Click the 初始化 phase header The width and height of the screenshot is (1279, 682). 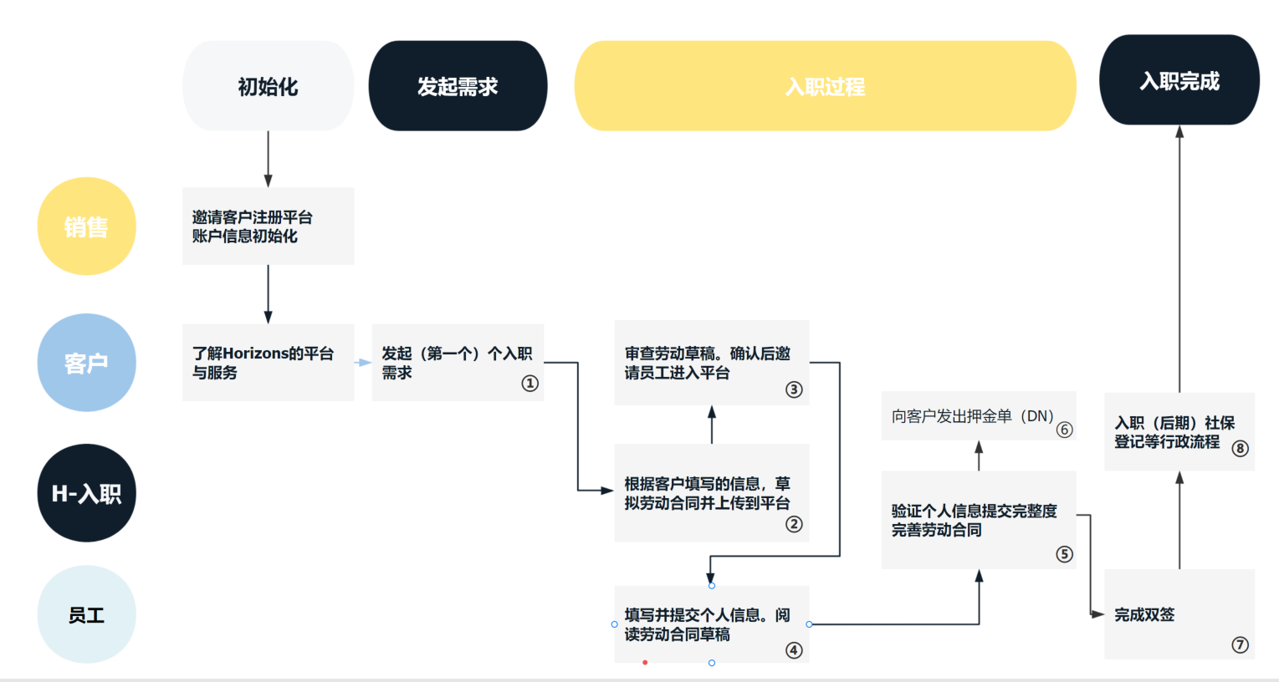(x=268, y=86)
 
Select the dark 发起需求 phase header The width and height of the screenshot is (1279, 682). (x=458, y=86)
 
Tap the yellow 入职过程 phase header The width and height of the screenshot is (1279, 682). (x=825, y=86)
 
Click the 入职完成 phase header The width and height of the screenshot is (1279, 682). (x=1179, y=80)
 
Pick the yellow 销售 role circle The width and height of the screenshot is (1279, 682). (x=86, y=226)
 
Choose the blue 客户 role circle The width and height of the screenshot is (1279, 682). (x=86, y=363)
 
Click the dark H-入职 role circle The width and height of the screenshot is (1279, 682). (x=86, y=493)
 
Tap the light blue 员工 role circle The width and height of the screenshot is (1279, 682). (x=86, y=615)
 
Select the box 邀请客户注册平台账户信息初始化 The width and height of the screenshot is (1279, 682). (x=268, y=226)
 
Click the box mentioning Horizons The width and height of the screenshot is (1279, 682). (x=268, y=363)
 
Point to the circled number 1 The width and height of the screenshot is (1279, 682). (x=530, y=384)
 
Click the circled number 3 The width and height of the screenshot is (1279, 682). (x=794, y=389)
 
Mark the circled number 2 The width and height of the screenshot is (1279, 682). (x=794, y=524)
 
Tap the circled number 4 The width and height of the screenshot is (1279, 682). (x=794, y=650)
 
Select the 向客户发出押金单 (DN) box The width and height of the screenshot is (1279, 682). (x=973, y=416)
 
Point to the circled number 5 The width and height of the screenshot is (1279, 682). (x=1064, y=554)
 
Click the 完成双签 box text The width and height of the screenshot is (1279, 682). (x=1144, y=615)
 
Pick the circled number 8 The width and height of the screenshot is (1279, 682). (x=1240, y=449)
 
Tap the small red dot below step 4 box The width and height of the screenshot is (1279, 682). (x=645, y=663)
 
